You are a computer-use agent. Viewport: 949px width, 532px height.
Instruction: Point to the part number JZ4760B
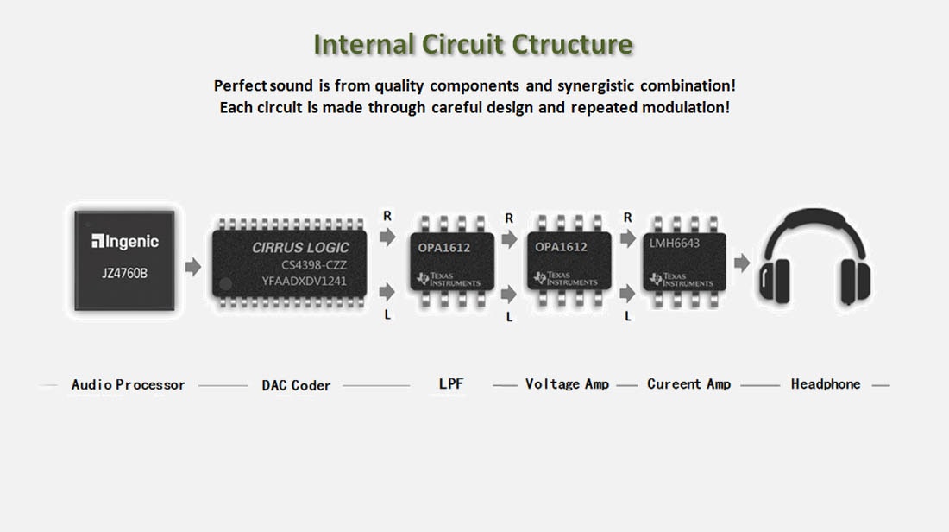point(125,274)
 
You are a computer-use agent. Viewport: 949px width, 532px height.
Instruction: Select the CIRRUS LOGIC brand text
point(300,248)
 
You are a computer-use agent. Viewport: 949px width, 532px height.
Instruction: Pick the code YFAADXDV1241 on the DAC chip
point(305,281)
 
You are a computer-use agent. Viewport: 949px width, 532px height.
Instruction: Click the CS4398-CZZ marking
point(314,264)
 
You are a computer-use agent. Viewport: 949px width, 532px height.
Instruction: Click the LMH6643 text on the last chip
point(675,244)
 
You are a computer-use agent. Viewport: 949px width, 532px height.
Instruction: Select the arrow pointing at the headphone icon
point(741,263)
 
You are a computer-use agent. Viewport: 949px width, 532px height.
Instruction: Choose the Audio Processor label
point(128,385)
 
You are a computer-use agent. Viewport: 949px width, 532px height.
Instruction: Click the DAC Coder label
point(296,385)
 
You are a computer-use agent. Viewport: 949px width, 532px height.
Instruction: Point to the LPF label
point(450,383)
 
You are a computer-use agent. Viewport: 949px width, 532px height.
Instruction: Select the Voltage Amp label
point(567,384)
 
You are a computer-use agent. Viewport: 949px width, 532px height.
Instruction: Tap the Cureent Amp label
point(688,384)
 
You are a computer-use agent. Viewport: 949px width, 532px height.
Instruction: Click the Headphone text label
point(826,384)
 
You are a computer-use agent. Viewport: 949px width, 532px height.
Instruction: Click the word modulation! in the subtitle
point(688,108)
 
